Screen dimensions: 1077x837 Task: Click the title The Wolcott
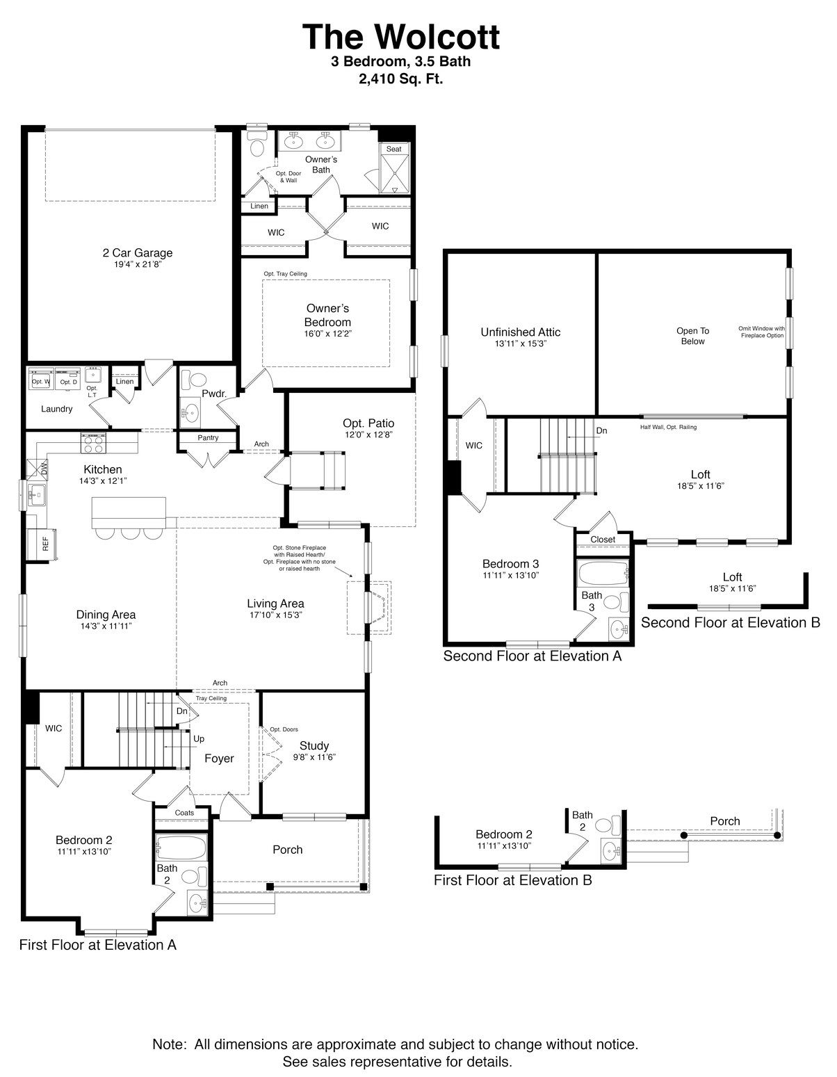tap(400, 36)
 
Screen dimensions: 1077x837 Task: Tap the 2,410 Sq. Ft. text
tap(400, 79)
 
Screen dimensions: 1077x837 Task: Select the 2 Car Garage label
tap(137, 253)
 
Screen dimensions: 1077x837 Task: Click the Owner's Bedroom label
tap(327, 315)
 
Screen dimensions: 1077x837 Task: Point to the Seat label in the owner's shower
tap(394, 149)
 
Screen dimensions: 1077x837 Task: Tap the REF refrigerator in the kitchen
tap(45, 544)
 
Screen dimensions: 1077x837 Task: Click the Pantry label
tap(208, 438)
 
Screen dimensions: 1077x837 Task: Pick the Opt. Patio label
tap(368, 423)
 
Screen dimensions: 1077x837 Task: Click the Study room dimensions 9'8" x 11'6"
tap(314, 757)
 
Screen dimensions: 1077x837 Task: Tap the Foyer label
tap(219, 759)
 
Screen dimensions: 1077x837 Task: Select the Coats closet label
tap(184, 813)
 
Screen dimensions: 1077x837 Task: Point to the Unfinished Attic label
tap(520, 332)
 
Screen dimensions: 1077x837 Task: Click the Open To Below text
tap(692, 336)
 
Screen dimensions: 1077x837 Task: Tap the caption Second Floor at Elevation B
tap(730, 622)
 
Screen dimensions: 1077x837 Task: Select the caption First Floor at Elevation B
tap(512, 880)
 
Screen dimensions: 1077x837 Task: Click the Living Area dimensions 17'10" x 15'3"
tap(275, 615)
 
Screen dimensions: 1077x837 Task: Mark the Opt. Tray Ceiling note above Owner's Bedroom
tap(285, 274)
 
